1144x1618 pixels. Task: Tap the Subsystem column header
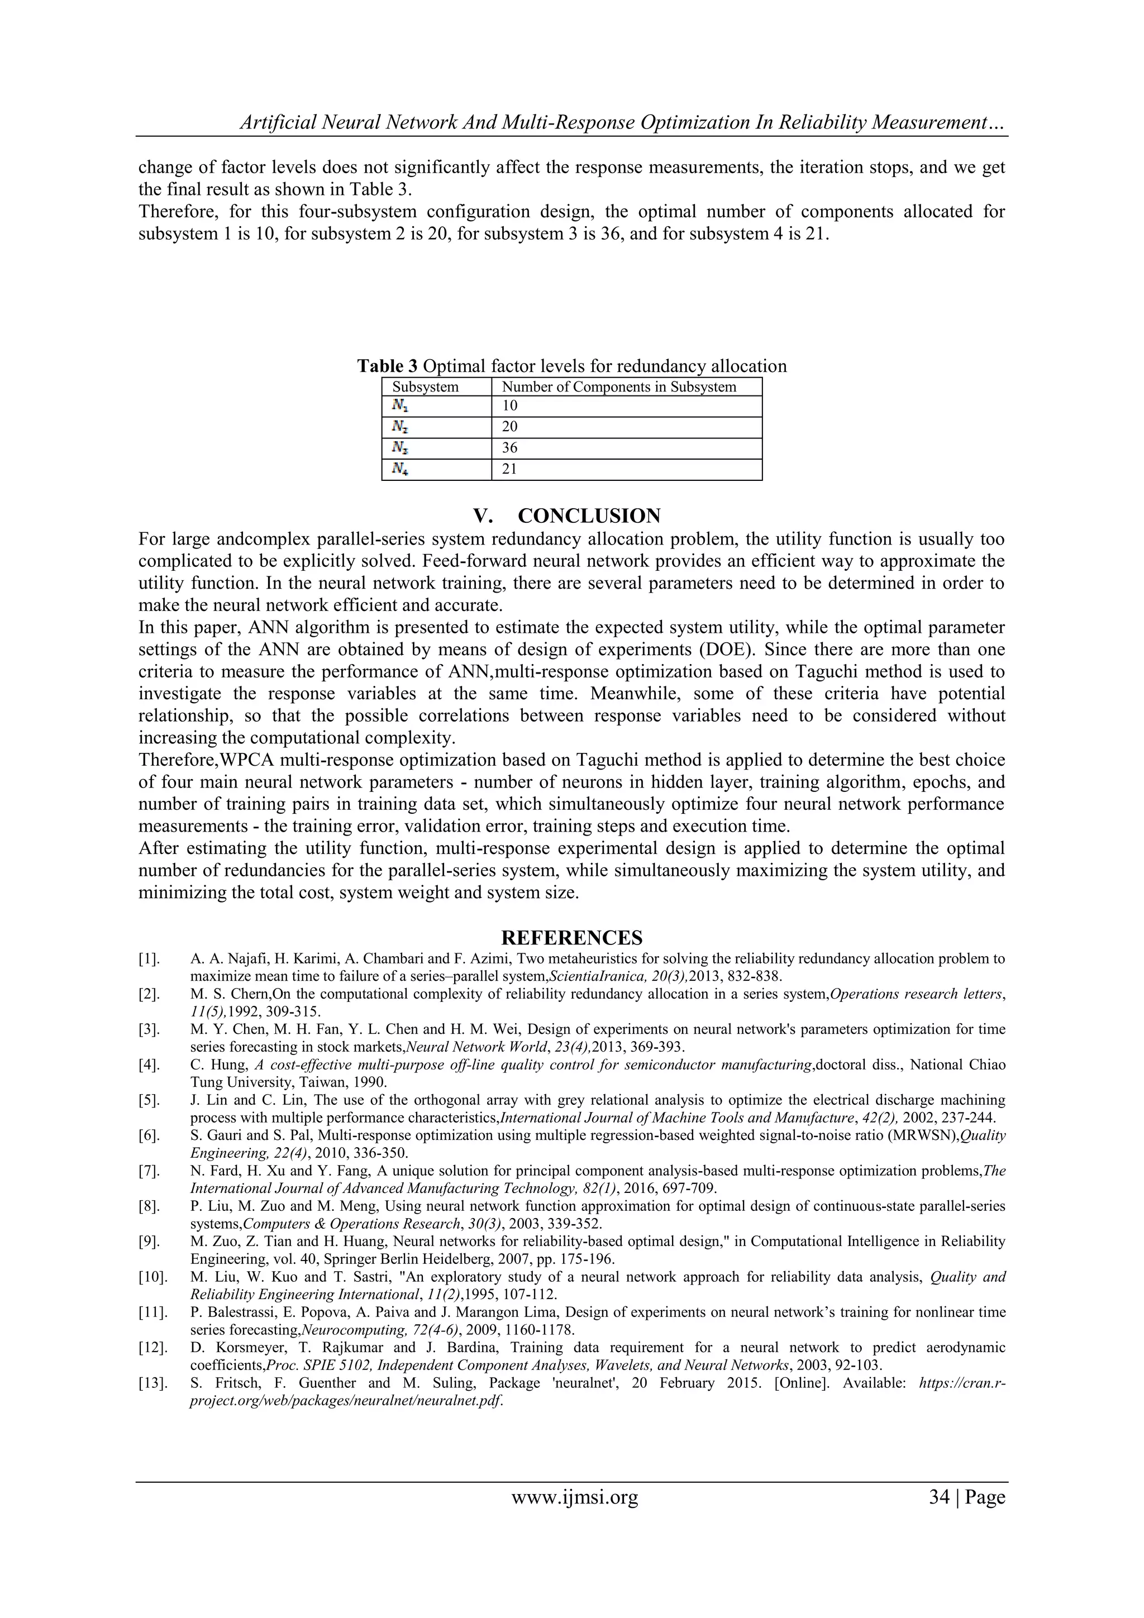(425, 387)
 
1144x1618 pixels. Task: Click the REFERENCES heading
(571, 938)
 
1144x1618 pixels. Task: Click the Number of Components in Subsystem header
(618, 387)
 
